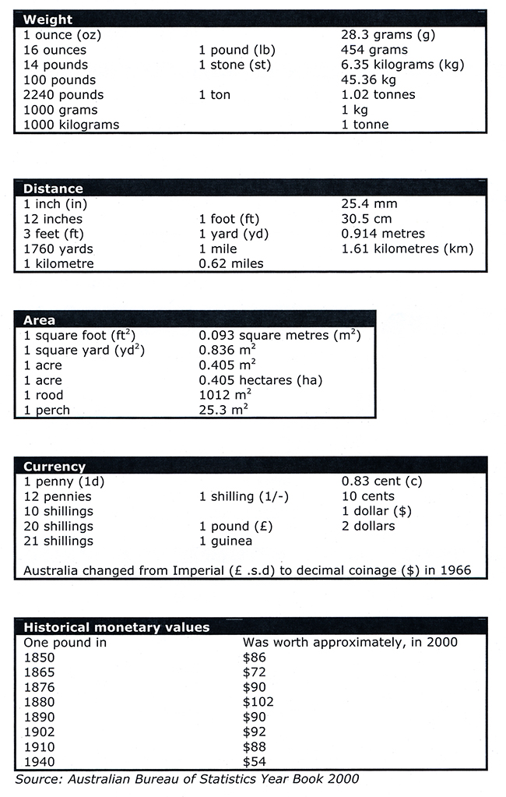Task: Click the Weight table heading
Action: pos(48,19)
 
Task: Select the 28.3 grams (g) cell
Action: pos(388,35)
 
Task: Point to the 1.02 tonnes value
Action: pos(378,94)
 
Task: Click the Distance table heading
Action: pos(53,189)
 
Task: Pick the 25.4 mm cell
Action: pos(369,204)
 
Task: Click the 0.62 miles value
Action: pos(231,263)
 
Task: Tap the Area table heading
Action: pos(39,320)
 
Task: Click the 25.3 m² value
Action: pos(223,410)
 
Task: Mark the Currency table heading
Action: pos(54,467)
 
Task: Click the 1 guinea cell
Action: pos(226,541)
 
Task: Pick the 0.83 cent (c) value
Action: pos(382,481)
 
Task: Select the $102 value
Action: pos(258,702)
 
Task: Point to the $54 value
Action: pos(255,761)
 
